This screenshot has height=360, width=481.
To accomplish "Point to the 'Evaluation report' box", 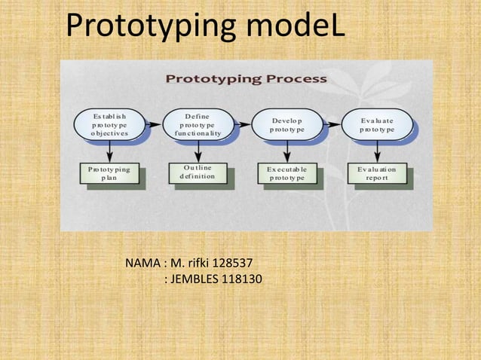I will [378, 175].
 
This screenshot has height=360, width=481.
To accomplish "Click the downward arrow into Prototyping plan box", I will [110, 151].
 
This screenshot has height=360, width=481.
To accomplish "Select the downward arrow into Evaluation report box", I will [377, 151].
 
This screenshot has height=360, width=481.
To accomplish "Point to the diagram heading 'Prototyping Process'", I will [246, 78].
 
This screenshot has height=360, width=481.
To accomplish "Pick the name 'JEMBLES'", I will [191, 282].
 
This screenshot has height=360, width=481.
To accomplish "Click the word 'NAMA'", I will [141, 264].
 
